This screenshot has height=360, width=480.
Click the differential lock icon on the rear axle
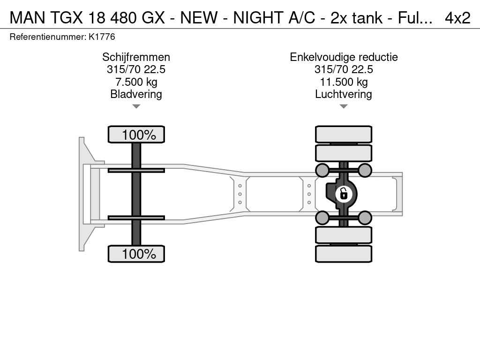pyautogui.click(x=344, y=194)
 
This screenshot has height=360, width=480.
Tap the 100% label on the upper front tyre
pyautogui.click(x=139, y=135)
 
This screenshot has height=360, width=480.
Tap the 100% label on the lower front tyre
pyautogui.click(x=139, y=254)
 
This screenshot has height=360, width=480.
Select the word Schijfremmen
pyautogui.click(x=136, y=57)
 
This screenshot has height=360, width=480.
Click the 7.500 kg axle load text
pyautogui.click(x=136, y=82)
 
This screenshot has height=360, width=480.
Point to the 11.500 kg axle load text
pyautogui.click(x=344, y=82)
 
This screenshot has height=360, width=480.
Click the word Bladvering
pyautogui.click(x=136, y=94)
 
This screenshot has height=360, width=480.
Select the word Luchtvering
pyautogui.click(x=344, y=94)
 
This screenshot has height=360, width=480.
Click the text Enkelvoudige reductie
pyautogui.click(x=344, y=57)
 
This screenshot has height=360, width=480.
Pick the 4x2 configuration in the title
pyautogui.click(x=457, y=18)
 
